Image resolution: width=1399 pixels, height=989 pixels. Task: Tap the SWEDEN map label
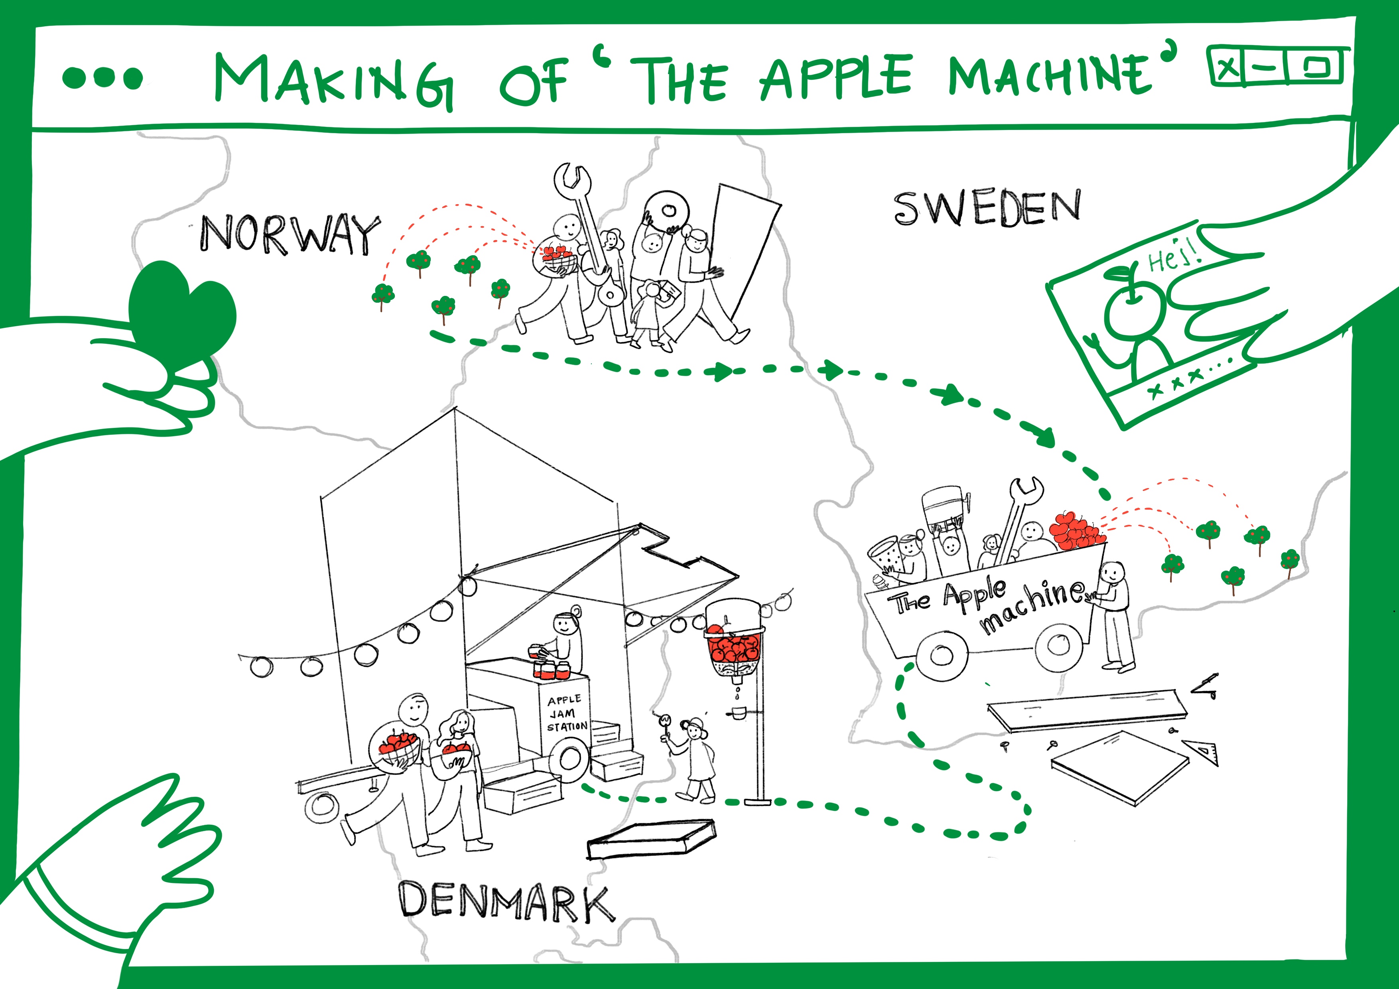click(987, 208)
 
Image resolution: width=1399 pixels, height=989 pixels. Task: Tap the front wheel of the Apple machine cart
click(942, 655)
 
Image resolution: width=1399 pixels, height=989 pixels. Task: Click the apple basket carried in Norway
click(556, 259)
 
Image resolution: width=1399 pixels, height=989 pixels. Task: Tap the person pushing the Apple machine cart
click(1115, 615)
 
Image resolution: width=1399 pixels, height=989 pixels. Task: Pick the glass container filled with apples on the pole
click(734, 640)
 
